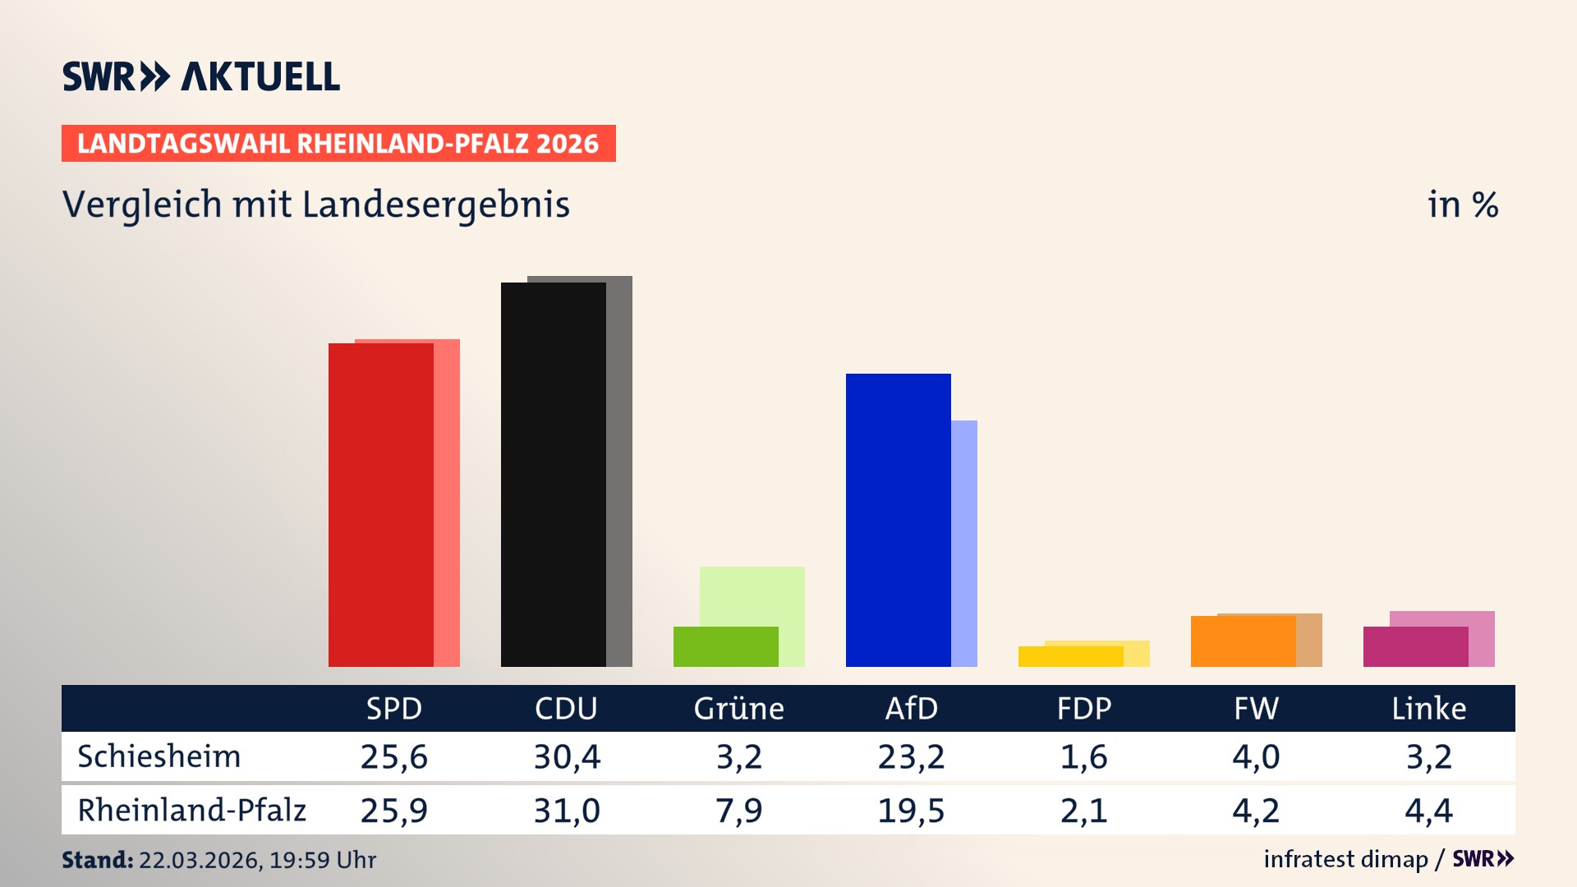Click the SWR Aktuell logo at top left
[x=200, y=76]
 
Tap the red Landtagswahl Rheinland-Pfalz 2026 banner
[x=338, y=144]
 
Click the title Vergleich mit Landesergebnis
[x=315, y=205]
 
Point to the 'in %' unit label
[x=1462, y=205]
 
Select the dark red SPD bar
[x=380, y=505]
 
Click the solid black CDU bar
[x=553, y=475]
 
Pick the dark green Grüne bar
[x=725, y=646]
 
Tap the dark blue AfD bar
[x=898, y=520]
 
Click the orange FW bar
[x=1243, y=641]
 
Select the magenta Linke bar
[x=1415, y=646]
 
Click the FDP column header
[x=1083, y=709]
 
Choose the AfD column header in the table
[x=911, y=709]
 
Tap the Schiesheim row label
[x=159, y=756]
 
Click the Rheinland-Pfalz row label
[x=191, y=811]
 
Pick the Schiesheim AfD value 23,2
[x=911, y=756]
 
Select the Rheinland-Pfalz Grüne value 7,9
[x=738, y=811]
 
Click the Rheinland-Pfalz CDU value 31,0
[x=567, y=811]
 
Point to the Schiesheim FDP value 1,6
[x=1083, y=756]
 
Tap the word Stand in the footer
[x=97, y=860]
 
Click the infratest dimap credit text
[x=1345, y=859]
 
